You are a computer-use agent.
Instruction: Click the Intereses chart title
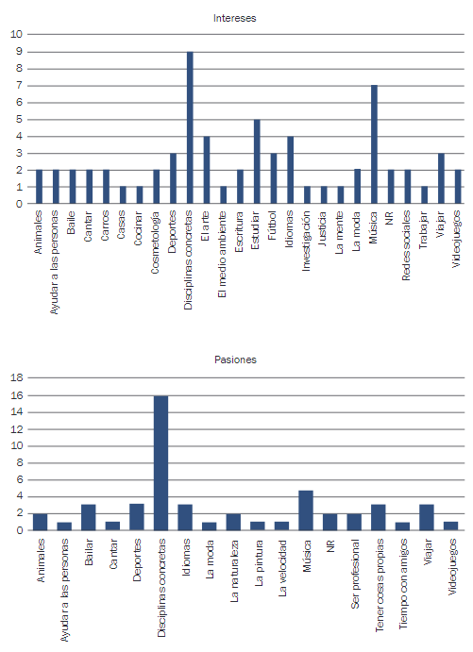(x=235, y=18)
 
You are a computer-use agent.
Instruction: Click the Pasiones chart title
(x=235, y=359)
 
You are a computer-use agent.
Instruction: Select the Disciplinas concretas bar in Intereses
(x=190, y=127)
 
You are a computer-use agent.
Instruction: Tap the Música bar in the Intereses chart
(x=374, y=144)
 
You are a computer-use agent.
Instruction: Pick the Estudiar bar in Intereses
(x=257, y=161)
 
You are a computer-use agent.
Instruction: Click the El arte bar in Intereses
(x=207, y=170)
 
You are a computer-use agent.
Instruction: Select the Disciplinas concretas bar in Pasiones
(x=161, y=462)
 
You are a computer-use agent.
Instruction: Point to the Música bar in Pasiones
(x=306, y=510)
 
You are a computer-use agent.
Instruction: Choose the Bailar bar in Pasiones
(x=88, y=517)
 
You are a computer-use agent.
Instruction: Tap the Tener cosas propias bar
(x=379, y=517)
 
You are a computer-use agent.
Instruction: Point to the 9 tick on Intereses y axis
(x=19, y=52)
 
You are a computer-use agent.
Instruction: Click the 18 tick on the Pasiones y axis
(x=17, y=378)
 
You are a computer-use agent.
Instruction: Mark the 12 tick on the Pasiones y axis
(x=17, y=429)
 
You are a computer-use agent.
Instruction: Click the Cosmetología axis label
(x=155, y=242)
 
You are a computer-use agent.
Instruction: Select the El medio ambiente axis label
(x=222, y=254)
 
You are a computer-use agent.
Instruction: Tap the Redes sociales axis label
(x=406, y=245)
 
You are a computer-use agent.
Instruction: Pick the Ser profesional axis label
(x=355, y=574)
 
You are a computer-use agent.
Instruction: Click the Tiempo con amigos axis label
(x=403, y=584)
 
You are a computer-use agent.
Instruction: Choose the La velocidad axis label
(x=282, y=568)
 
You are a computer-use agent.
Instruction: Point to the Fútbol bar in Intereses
(x=273, y=178)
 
